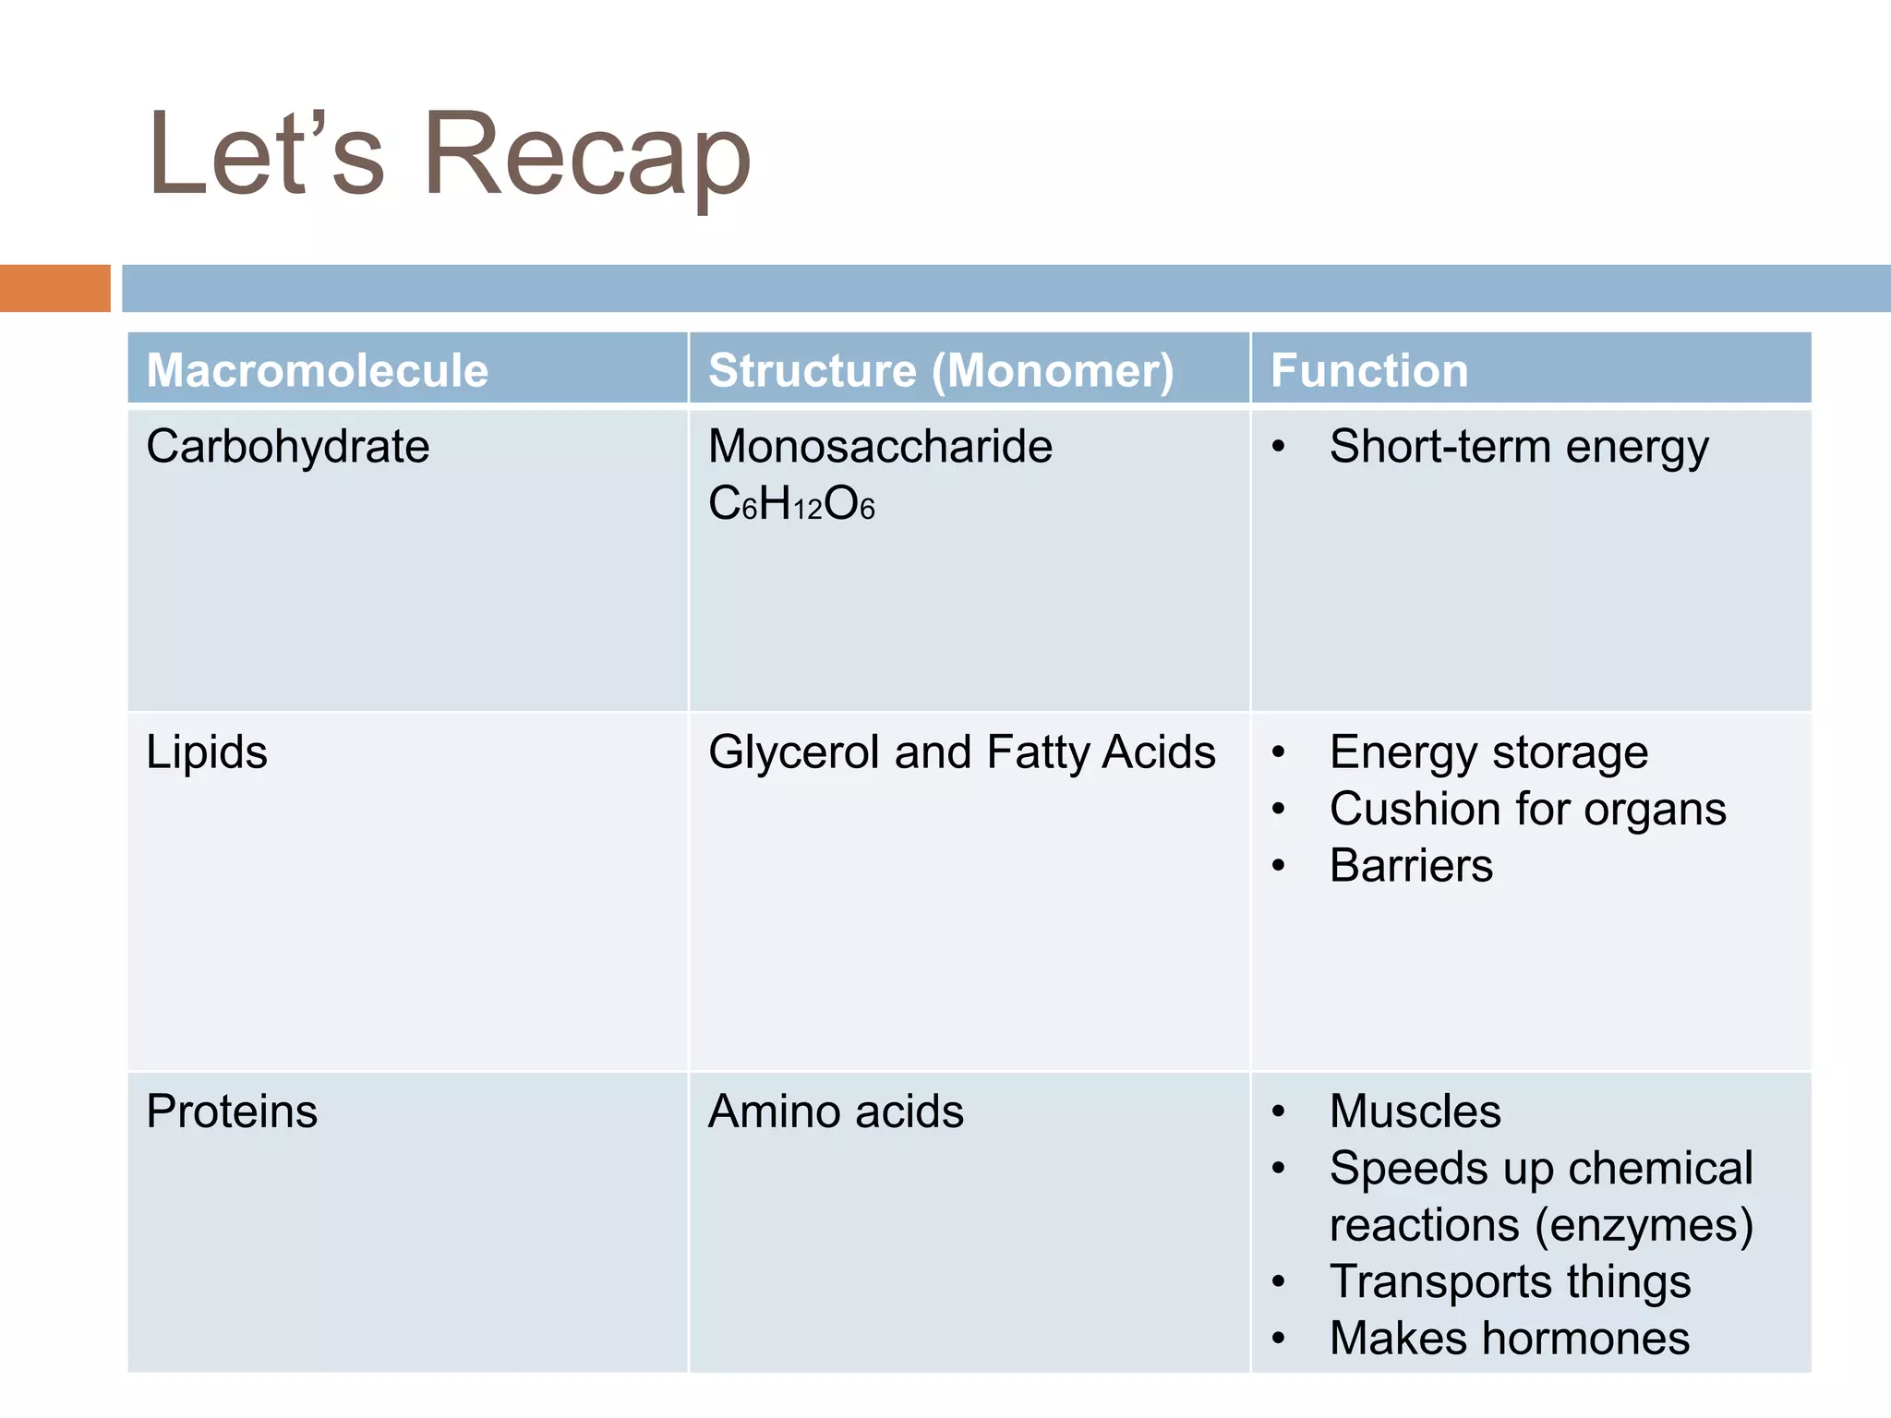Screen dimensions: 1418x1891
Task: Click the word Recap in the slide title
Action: (x=587, y=155)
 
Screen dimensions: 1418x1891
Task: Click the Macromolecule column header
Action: (x=317, y=370)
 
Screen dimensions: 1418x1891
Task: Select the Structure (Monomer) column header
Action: (x=941, y=370)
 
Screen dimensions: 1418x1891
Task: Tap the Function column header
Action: (x=1369, y=370)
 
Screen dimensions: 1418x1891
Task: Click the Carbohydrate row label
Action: (x=288, y=447)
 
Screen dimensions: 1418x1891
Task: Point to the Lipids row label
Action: (x=207, y=751)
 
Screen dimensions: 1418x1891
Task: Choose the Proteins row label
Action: (x=232, y=1111)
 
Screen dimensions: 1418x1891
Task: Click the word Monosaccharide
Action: (x=880, y=447)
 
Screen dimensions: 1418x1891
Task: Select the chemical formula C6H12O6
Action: (x=791, y=504)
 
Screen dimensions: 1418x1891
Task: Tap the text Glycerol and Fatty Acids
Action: (x=961, y=751)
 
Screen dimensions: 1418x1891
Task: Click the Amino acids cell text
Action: (x=836, y=1111)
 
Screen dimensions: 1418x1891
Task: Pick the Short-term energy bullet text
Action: (x=1519, y=447)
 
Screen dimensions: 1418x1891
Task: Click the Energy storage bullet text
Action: (x=1488, y=751)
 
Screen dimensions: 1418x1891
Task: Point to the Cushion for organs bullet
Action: (x=1527, y=809)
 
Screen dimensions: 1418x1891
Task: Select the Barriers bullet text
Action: (x=1411, y=866)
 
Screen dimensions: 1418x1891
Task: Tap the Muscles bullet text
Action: (x=1415, y=1111)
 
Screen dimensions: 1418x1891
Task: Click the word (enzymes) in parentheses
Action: (x=1644, y=1225)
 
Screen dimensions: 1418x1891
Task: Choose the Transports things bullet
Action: (x=1510, y=1281)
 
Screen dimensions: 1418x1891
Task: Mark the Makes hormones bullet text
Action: (x=1510, y=1339)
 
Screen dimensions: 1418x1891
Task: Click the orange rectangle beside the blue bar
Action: (x=54, y=288)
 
